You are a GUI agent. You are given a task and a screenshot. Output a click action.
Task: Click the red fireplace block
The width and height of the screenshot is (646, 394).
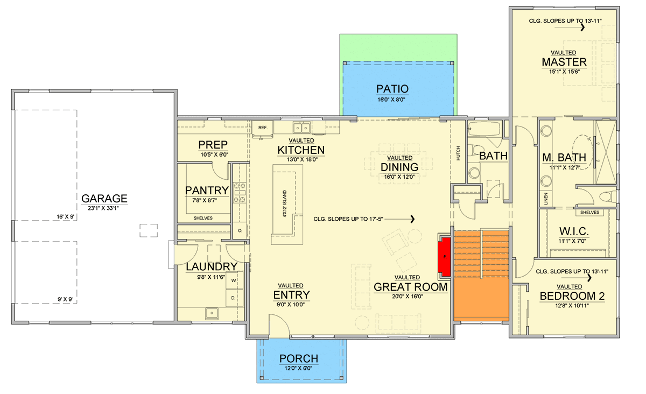(x=445, y=257)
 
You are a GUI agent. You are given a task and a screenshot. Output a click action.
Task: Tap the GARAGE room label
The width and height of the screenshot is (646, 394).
(x=104, y=199)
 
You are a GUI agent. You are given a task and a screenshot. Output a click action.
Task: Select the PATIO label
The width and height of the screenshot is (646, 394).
(x=392, y=89)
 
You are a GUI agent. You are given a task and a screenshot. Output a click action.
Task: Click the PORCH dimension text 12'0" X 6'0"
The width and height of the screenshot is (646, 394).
(x=298, y=368)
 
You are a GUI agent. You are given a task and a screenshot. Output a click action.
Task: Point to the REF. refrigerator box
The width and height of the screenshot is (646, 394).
(x=263, y=128)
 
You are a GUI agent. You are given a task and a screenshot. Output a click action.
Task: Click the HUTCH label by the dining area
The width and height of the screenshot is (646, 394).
(x=458, y=153)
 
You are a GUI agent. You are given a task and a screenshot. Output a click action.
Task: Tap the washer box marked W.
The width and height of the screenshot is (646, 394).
(x=234, y=280)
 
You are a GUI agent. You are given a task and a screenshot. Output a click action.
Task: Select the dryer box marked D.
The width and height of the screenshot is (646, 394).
(x=234, y=298)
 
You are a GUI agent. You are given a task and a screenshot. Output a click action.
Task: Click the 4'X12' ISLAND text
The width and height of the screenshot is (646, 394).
(x=285, y=203)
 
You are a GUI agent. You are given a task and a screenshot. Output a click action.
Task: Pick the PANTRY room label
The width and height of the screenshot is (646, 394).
(x=207, y=191)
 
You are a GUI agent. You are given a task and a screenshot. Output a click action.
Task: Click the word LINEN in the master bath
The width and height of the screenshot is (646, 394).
(x=546, y=199)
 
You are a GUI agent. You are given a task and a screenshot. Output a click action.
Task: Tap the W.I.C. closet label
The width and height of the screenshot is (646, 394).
(x=574, y=231)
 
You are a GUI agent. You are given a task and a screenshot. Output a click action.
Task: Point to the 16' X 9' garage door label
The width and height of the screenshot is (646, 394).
(x=66, y=216)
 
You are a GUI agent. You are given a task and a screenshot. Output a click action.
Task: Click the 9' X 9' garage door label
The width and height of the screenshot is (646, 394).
(x=65, y=299)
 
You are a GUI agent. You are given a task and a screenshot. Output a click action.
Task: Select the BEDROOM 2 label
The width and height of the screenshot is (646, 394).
(x=572, y=296)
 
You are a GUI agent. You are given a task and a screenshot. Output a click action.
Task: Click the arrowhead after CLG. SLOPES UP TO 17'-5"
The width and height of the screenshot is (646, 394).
(x=413, y=219)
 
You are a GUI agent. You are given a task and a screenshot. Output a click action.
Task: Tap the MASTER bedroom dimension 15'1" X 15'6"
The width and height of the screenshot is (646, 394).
(x=564, y=72)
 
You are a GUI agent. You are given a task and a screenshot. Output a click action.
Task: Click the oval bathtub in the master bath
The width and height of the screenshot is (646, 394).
(x=583, y=151)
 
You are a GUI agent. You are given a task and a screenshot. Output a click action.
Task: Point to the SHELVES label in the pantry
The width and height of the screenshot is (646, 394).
(x=203, y=219)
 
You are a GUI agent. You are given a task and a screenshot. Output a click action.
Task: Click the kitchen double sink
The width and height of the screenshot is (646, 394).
(x=301, y=127)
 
